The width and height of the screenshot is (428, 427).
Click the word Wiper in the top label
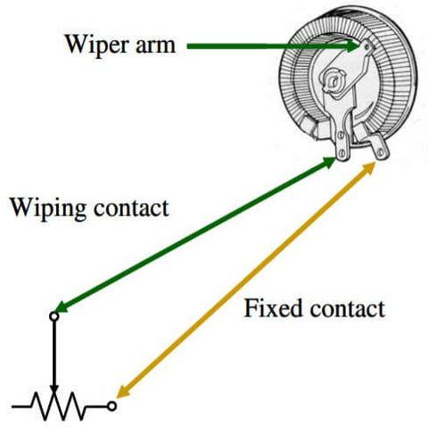[97, 45]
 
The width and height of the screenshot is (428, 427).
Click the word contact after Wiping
[131, 208]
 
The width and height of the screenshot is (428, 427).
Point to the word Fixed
[274, 308]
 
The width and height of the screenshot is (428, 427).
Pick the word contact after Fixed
[348, 309]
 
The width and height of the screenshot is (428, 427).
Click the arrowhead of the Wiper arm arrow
[352, 46]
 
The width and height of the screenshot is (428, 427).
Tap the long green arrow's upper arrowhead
[328, 162]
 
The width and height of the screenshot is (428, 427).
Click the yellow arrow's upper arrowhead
[368, 168]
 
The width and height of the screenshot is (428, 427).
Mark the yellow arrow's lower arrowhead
[123, 391]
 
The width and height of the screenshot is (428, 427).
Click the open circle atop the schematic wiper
[53, 316]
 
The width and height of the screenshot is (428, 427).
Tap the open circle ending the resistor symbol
[111, 406]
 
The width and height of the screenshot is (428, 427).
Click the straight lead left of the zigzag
[21, 406]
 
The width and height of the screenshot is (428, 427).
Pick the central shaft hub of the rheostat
[333, 81]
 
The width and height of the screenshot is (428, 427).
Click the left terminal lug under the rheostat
[342, 144]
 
